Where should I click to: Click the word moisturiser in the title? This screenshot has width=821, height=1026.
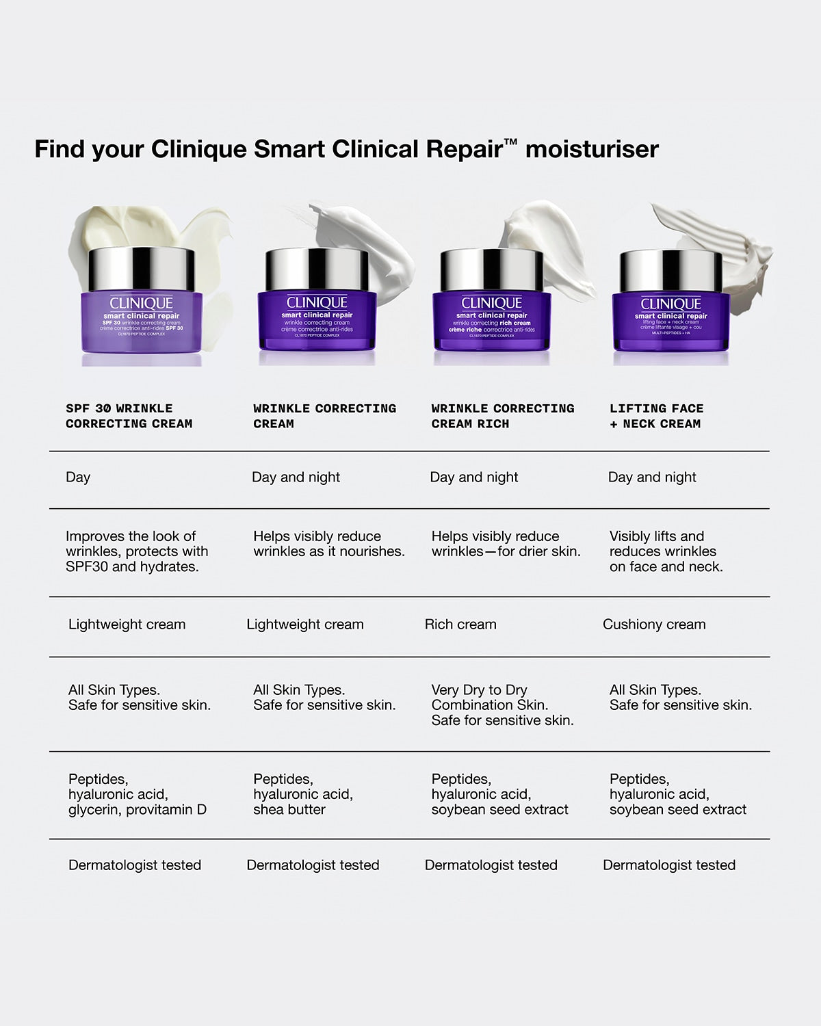coord(592,149)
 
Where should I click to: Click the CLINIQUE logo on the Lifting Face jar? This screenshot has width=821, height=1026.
coord(670,304)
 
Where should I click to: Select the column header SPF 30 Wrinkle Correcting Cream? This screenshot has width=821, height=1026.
coord(129,416)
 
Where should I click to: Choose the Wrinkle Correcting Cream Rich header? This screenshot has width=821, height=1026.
coord(502,416)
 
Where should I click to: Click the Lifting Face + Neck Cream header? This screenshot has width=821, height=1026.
coord(656,416)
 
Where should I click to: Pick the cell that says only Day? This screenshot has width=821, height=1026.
coord(78,477)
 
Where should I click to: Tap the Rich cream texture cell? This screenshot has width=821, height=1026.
coord(460,624)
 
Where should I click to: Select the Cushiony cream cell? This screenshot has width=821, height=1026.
coord(654,624)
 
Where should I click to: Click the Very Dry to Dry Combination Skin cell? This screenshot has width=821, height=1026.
coord(502,705)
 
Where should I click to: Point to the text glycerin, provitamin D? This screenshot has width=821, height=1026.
coord(137,810)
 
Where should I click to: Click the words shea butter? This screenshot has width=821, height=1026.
coord(289,810)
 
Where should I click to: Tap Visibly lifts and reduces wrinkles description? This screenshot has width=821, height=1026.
coord(665,551)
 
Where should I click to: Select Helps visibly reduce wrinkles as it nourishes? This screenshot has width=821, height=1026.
coord(328,544)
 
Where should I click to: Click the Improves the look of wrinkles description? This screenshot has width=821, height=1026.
coord(136,551)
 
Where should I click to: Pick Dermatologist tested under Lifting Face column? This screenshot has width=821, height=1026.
coord(668,865)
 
